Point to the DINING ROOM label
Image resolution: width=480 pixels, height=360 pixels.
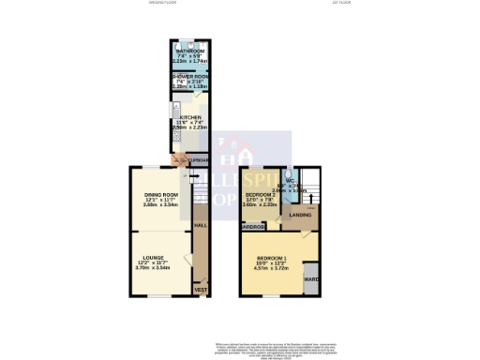tap(160, 194)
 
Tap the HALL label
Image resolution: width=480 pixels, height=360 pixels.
tap(200, 226)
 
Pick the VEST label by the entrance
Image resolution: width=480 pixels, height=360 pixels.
tap(200, 290)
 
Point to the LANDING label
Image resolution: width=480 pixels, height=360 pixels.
tap(300, 216)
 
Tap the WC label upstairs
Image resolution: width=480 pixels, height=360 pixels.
tap(292, 181)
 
